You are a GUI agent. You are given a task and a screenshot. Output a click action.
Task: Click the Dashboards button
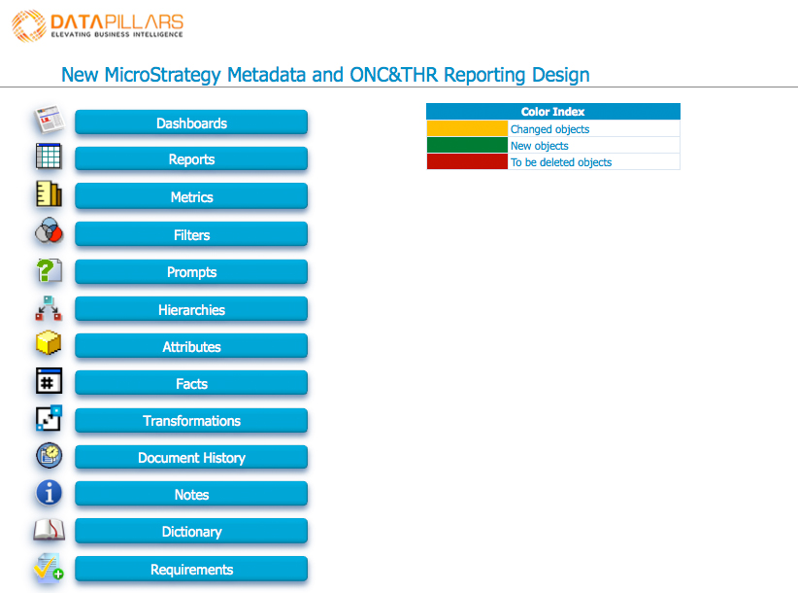(191, 122)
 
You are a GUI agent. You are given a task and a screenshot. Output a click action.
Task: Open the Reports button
(191, 159)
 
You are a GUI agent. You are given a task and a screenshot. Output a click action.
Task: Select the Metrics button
(191, 196)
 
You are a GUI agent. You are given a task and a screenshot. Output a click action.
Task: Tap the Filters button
(191, 234)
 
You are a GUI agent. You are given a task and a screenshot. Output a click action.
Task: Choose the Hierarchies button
(191, 309)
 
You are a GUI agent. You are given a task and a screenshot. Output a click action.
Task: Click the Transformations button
(191, 420)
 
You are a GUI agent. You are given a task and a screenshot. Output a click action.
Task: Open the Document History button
(191, 457)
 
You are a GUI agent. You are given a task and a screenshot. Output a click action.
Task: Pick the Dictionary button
(191, 531)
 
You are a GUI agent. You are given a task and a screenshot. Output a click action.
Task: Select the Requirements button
(191, 569)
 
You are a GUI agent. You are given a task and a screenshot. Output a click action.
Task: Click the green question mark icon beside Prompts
(49, 270)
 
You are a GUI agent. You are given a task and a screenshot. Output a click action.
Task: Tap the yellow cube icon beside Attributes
(49, 342)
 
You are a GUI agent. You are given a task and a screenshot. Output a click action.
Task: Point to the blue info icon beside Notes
(49, 493)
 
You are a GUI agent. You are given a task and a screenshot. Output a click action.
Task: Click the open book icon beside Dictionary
(49, 530)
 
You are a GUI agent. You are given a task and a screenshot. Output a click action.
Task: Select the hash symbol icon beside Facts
(49, 380)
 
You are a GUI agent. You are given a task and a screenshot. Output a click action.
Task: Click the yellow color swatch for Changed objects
(467, 128)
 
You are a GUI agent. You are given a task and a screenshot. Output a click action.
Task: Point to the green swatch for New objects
(467, 145)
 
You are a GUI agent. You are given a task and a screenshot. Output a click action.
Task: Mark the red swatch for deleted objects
(467, 161)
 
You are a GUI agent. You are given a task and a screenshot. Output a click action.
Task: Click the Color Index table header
(553, 111)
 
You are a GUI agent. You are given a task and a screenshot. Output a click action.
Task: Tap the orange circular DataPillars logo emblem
(29, 25)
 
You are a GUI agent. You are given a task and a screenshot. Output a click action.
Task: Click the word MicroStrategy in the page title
(162, 75)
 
